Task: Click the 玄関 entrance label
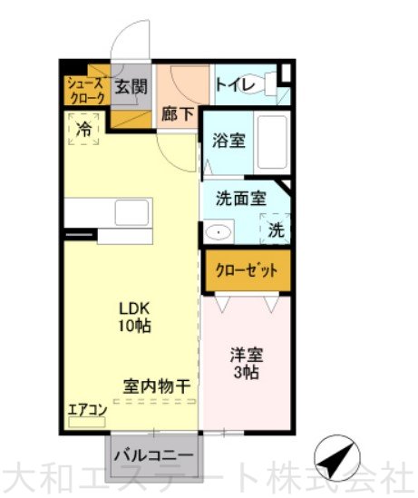click(x=131, y=86)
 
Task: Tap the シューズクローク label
click(x=86, y=91)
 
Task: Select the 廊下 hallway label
click(x=178, y=114)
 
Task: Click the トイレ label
click(x=236, y=85)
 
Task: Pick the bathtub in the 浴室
click(x=272, y=142)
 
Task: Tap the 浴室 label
click(x=228, y=140)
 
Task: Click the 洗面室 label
click(x=241, y=199)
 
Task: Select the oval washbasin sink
click(x=218, y=232)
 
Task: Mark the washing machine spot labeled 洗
click(x=276, y=229)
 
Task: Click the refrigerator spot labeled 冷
click(x=83, y=130)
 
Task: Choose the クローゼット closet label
click(x=247, y=271)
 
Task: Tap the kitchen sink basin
click(x=131, y=212)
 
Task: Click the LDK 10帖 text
click(x=134, y=317)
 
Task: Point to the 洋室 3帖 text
click(x=247, y=364)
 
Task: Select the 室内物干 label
click(x=157, y=386)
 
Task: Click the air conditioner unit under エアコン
click(x=87, y=422)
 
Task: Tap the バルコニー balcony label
click(x=153, y=456)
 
